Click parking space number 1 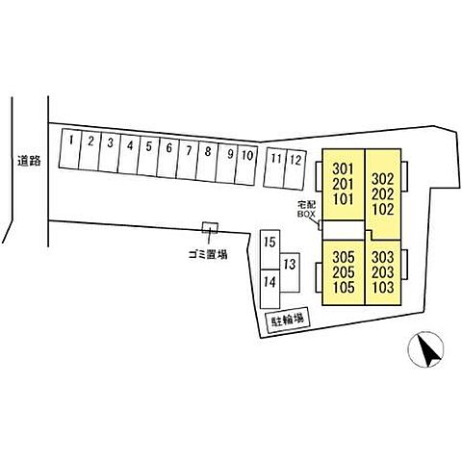click(69, 148)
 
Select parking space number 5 click(148, 156)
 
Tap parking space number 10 click(246, 166)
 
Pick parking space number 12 click(295, 169)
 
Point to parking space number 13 click(290, 272)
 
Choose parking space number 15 click(269, 249)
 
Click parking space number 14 click(269, 289)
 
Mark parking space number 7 click(187, 160)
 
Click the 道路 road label click(29, 161)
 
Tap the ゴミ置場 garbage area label click(208, 255)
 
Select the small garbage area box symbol click(210, 228)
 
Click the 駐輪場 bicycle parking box click(288, 321)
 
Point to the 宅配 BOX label click(306, 209)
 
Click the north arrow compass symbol click(425, 349)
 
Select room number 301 click(343, 168)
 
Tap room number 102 click(383, 210)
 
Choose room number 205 click(344, 272)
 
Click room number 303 click(383, 257)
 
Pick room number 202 click(383, 194)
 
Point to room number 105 click(344, 288)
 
